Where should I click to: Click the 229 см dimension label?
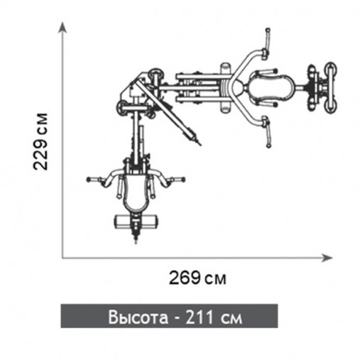point(40,141)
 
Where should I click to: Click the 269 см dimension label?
point(197,278)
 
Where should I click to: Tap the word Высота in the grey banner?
point(138,317)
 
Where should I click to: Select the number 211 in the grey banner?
point(200,317)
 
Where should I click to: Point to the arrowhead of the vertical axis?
point(62,28)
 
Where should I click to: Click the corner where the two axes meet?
point(62,258)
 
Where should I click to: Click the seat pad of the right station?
point(272,88)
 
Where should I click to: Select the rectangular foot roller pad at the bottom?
point(136,222)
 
